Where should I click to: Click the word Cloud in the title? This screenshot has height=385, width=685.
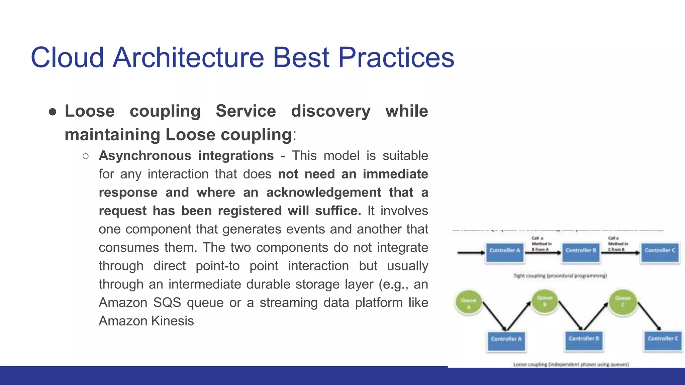pos(67,57)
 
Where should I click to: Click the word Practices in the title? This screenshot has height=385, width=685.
pos(396,57)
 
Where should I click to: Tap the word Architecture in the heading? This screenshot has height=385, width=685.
pos(188,57)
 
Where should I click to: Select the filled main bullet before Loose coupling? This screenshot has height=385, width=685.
pos(53,112)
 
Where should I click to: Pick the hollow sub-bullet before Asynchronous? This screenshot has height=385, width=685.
pos(86,156)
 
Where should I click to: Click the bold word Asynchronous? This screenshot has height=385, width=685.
pos(145,156)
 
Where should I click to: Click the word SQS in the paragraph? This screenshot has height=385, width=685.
pos(167,302)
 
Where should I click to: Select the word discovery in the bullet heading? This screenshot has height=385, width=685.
pos(330,111)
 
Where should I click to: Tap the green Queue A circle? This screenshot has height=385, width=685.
pos(469,302)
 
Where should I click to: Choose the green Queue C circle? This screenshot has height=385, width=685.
pos(622,302)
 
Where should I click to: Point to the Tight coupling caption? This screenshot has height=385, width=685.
pos(560,276)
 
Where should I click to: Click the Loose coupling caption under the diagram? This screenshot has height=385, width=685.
pos(571,364)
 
